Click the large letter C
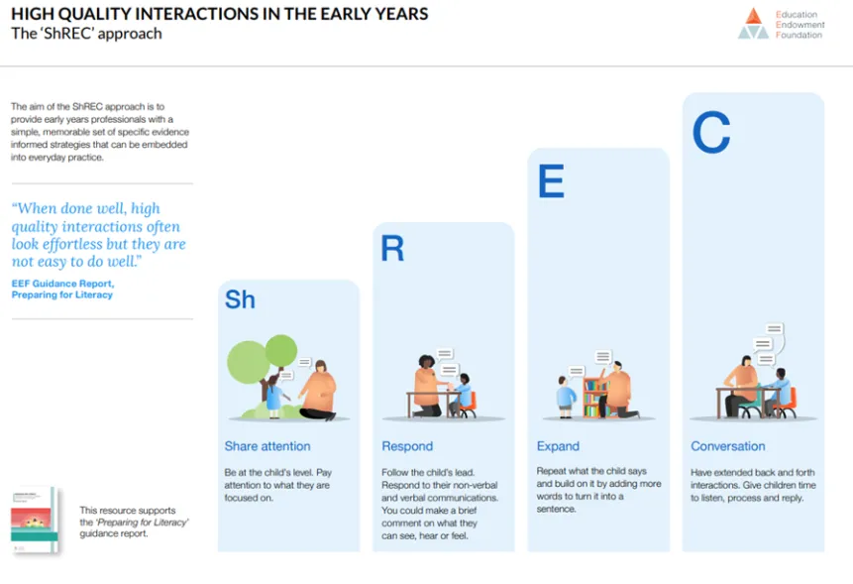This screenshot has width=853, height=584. point(711,132)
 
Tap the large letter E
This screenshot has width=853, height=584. point(551,181)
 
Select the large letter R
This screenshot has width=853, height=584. point(392,248)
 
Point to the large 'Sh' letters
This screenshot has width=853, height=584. point(240,299)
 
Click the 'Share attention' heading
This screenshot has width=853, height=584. point(267,446)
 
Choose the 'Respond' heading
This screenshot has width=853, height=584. point(407,446)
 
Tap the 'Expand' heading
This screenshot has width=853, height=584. point(558,446)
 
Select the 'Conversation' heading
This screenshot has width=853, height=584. point(728,446)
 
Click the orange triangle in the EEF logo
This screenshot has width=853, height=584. point(754,16)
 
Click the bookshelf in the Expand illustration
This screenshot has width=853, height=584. point(595,398)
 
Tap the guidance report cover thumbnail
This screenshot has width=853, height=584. point(34,521)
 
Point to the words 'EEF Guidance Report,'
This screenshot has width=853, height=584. point(62,284)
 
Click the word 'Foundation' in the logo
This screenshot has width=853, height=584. point(799,35)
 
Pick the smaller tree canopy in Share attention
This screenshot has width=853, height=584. point(281,351)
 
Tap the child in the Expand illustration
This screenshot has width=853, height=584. point(566,397)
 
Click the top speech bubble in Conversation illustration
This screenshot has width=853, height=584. point(774,329)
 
